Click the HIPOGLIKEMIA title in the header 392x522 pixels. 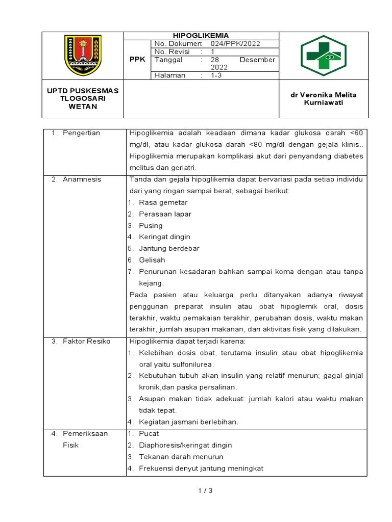tap(201, 36)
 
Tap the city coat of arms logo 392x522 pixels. tap(83, 55)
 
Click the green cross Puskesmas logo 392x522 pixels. tap(323, 55)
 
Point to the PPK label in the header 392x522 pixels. tap(137, 59)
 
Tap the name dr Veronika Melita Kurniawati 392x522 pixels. tap(323, 99)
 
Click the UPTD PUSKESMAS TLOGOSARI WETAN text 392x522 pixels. tap(83, 98)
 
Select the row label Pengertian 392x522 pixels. tap(81, 133)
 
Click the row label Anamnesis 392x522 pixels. tap(82, 179)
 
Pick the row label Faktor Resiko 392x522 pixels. tap(86, 341)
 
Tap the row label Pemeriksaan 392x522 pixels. tap(85, 434)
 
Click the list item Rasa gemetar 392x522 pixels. tap(163, 202)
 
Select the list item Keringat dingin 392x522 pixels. tap(164, 237)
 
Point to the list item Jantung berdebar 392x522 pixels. tap(169, 249)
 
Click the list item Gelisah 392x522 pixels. tap(152, 260)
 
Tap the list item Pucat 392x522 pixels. tap(149, 434)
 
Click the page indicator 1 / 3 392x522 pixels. tap(205, 491)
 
